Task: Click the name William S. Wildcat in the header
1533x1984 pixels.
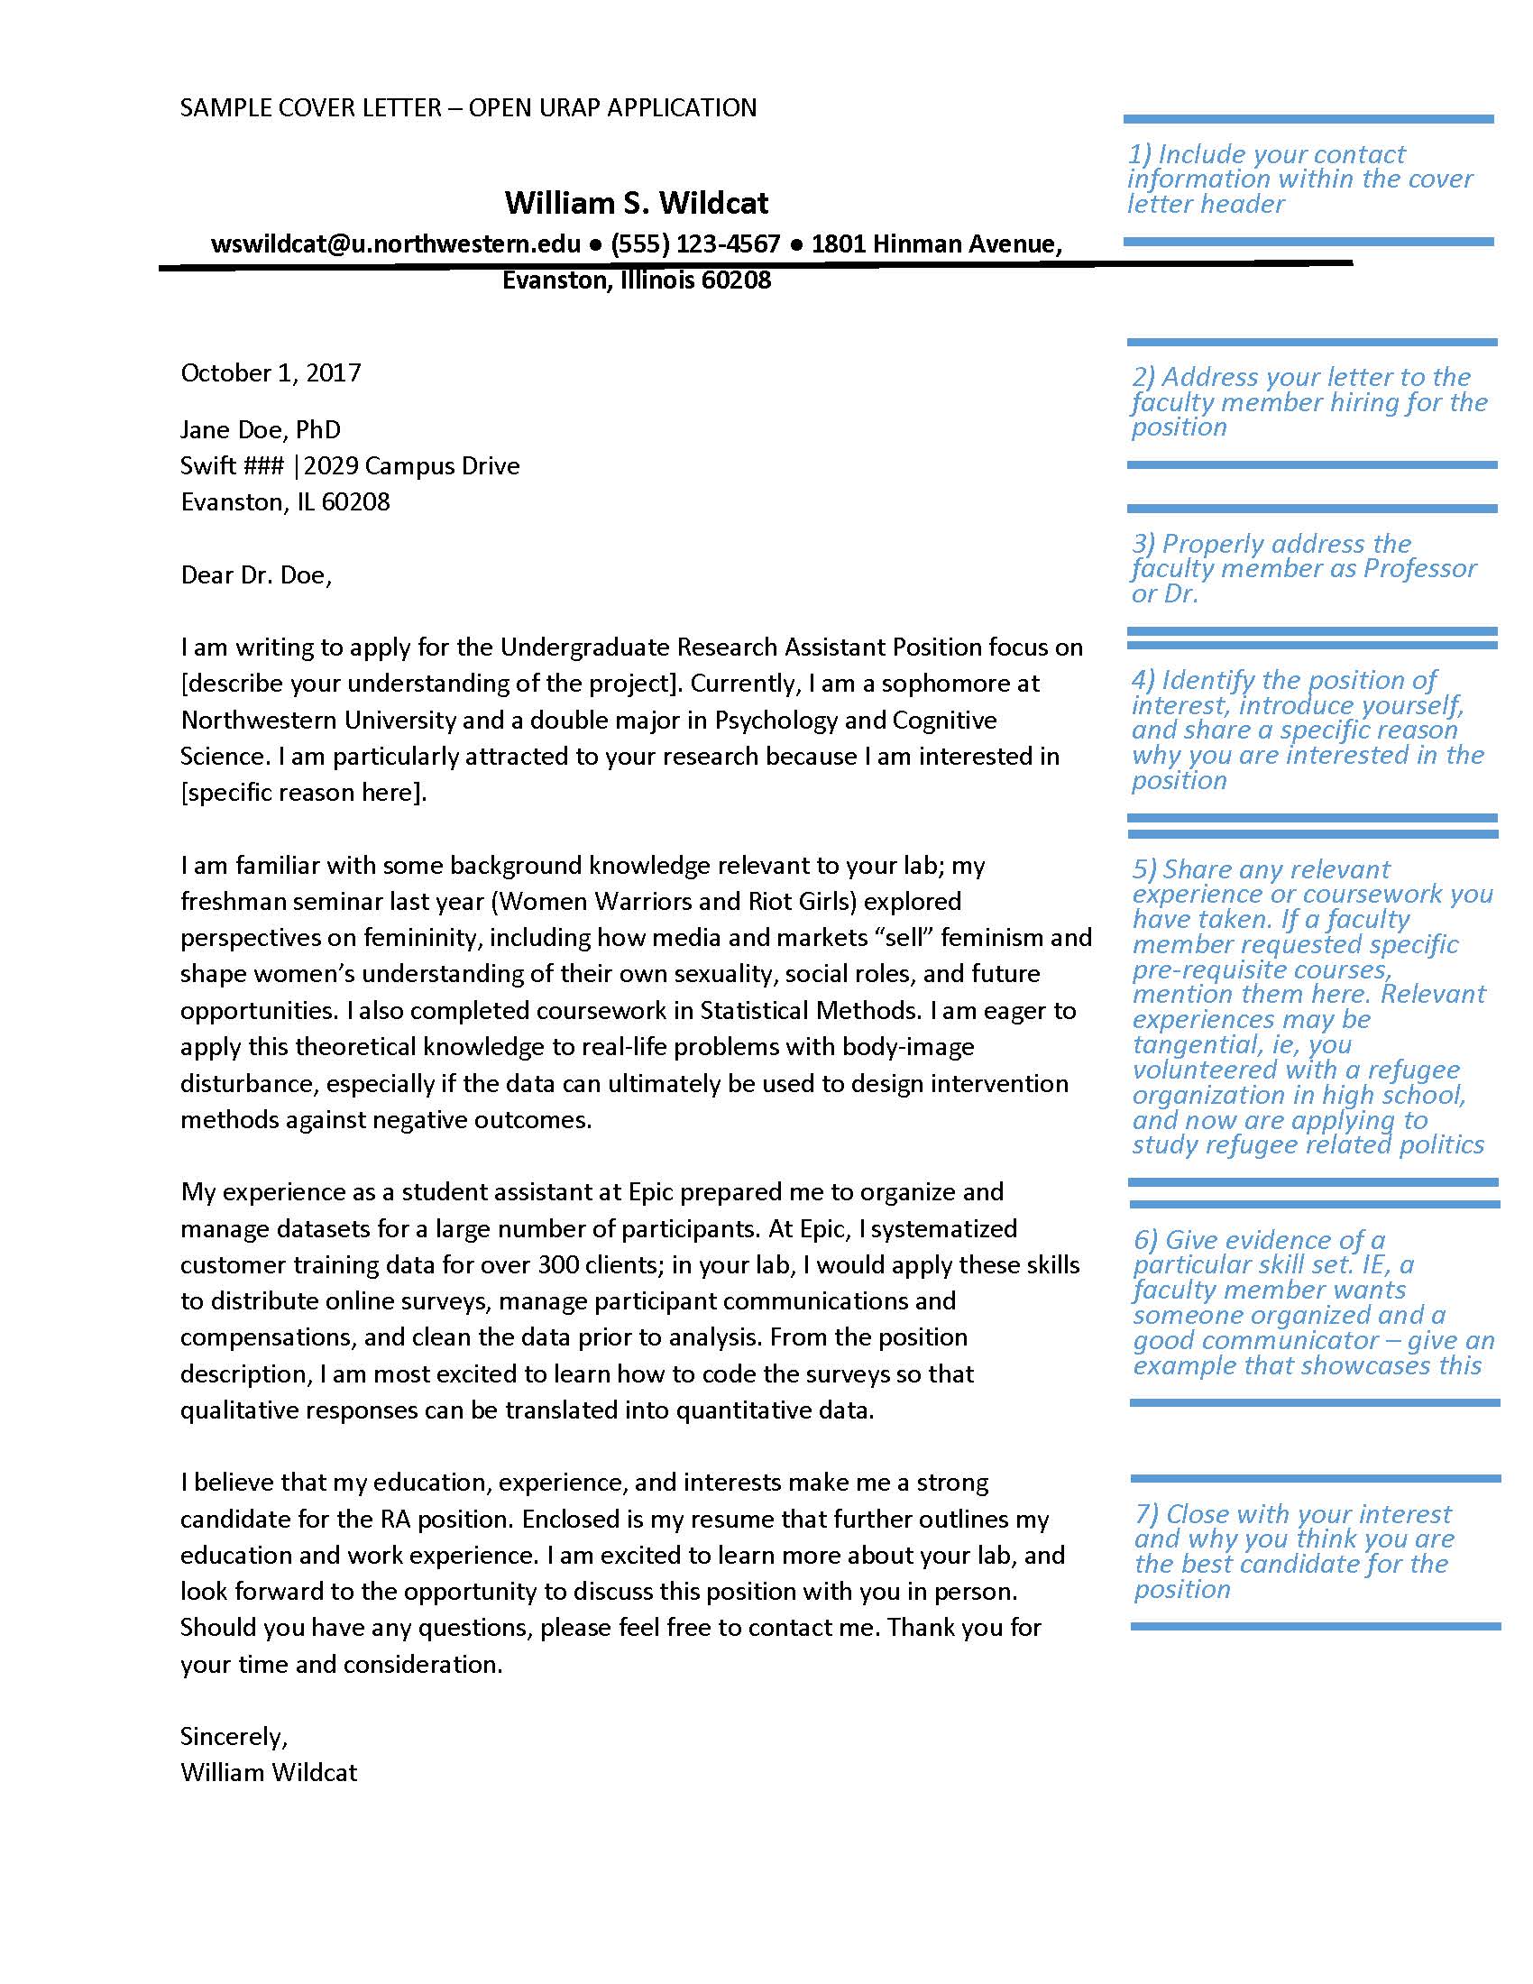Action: click(x=636, y=203)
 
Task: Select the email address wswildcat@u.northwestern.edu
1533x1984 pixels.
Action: click(x=395, y=244)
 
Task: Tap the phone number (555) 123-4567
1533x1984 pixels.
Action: click(x=694, y=244)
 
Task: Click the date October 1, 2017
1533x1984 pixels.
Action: click(x=271, y=373)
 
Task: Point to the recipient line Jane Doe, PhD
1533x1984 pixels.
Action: click(x=261, y=429)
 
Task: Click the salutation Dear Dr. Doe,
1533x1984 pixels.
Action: click(x=256, y=575)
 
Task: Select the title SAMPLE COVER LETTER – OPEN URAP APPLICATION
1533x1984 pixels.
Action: click(x=468, y=108)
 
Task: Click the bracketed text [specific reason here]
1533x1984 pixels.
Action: click(x=303, y=793)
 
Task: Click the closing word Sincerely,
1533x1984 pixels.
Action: click(x=234, y=1737)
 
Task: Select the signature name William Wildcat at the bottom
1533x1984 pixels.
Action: click(x=269, y=1773)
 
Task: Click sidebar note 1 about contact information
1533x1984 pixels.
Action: click(x=1299, y=179)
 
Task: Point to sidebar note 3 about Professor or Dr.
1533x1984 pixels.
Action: click(x=1303, y=569)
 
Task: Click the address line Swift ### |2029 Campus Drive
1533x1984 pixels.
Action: click(x=350, y=466)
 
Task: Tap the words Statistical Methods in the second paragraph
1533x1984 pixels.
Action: click(x=810, y=1011)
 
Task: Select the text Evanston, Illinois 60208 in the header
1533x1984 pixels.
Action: click(x=636, y=280)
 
